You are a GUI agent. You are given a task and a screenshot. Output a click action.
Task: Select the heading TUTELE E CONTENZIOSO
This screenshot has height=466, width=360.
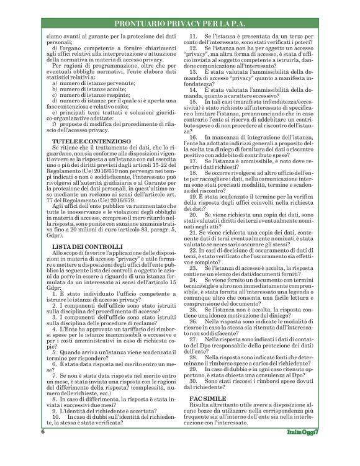[x=91, y=141]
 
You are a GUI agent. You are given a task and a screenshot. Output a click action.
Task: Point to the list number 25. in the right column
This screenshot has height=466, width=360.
[x=193, y=308]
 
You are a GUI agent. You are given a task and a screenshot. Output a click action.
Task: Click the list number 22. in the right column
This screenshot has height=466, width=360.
[x=192, y=249]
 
